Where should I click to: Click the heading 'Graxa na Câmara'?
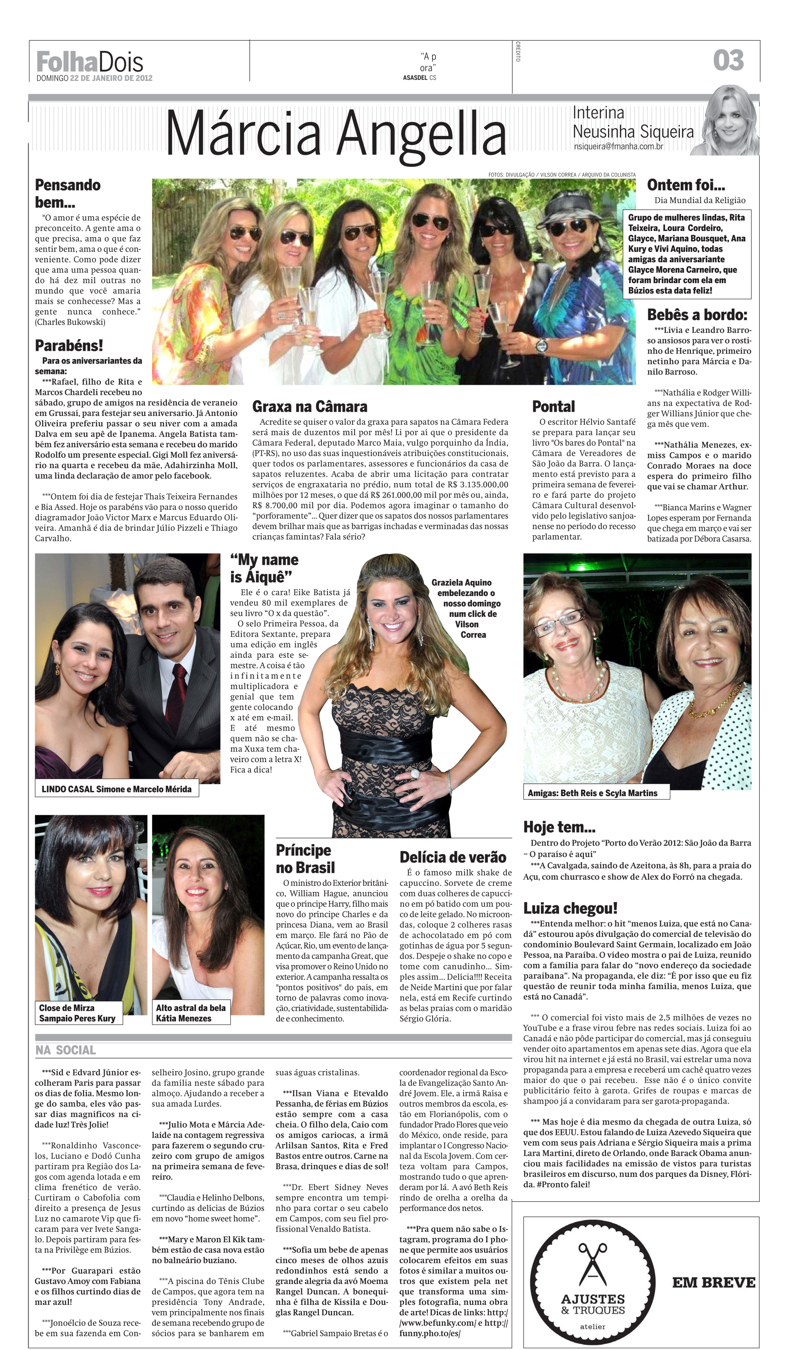(310, 406)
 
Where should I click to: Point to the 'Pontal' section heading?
(554, 406)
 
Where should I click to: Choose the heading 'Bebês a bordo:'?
(696, 315)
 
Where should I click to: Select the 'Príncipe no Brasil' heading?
(305, 859)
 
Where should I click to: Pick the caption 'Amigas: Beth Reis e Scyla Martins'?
(593, 793)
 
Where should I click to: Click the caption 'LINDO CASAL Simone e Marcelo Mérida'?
(116, 789)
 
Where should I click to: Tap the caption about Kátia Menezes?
(191, 1013)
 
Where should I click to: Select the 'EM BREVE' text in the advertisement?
(714, 1282)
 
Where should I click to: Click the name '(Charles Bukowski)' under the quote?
(70, 323)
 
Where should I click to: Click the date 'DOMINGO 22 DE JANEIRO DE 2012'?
(94, 78)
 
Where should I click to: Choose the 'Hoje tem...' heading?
(559, 827)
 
